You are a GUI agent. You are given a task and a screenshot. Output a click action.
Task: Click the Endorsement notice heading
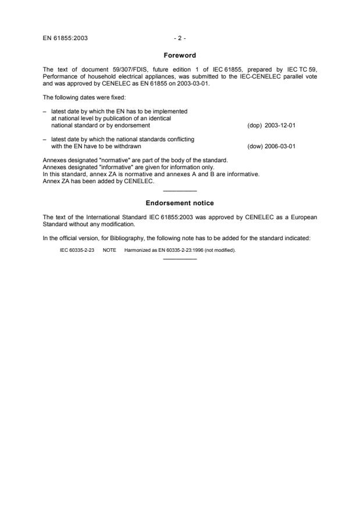pos(179,203)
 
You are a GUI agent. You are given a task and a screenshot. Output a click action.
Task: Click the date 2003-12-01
pos(280,125)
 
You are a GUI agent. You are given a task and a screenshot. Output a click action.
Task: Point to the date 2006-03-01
pos(280,146)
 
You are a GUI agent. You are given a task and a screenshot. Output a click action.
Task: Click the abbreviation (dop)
pos(254,125)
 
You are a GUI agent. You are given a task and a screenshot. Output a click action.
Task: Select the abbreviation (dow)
pos(254,146)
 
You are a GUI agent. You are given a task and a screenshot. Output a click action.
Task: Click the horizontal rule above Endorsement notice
pos(180,191)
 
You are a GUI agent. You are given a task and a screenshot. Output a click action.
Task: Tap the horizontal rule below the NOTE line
pos(180,259)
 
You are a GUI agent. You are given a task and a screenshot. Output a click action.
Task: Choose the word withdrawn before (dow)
pos(129,146)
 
